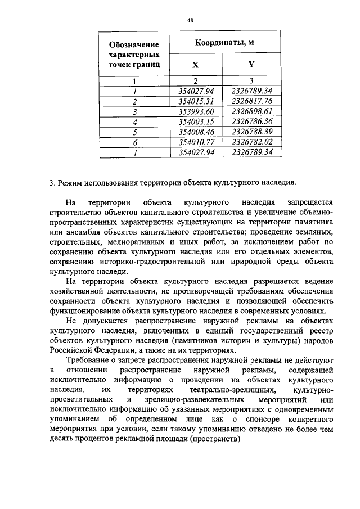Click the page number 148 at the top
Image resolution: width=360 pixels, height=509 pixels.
coord(189,20)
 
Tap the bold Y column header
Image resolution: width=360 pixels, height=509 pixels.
coord(251,65)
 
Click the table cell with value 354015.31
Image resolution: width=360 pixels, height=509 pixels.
coord(196,101)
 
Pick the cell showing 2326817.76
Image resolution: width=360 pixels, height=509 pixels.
coord(251,101)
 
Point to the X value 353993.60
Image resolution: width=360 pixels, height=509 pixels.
coord(196,111)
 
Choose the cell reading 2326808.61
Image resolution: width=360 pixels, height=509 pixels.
coord(251,111)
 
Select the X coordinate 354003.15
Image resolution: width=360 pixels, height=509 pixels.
coord(196,121)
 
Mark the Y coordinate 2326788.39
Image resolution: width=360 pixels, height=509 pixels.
coord(251,132)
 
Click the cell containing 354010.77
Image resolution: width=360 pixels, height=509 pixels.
coord(196,142)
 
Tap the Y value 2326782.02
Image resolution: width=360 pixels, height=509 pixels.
coord(251,142)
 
